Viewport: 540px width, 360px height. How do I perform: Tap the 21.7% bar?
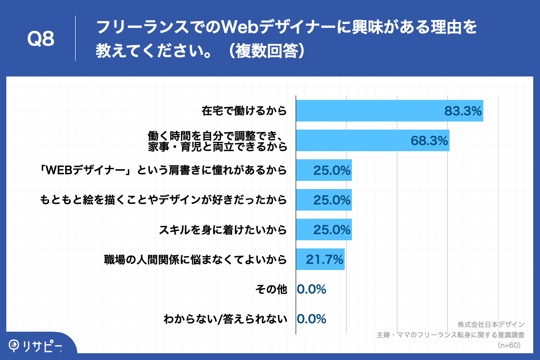click(x=320, y=259)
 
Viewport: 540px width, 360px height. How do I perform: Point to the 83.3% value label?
click(x=463, y=111)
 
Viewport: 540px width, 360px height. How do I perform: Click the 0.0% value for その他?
click(x=311, y=289)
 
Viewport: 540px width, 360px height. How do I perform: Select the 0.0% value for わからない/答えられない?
click(x=311, y=319)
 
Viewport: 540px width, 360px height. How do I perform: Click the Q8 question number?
click(x=41, y=39)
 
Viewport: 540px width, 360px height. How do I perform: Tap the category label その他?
click(x=271, y=289)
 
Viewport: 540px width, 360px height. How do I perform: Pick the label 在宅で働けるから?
click(x=244, y=111)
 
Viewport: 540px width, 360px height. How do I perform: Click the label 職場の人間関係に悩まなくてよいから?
click(x=195, y=260)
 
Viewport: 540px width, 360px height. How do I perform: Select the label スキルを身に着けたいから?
click(x=223, y=230)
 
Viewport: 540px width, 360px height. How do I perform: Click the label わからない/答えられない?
click(x=225, y=319)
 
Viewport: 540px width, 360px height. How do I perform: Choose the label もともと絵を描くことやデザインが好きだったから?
click(x=163, y=200)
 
